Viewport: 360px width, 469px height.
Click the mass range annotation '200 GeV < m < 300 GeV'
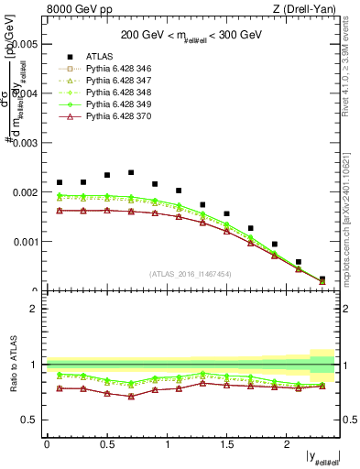click(190, 35)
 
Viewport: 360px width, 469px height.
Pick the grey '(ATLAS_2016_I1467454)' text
click(190, 274)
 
